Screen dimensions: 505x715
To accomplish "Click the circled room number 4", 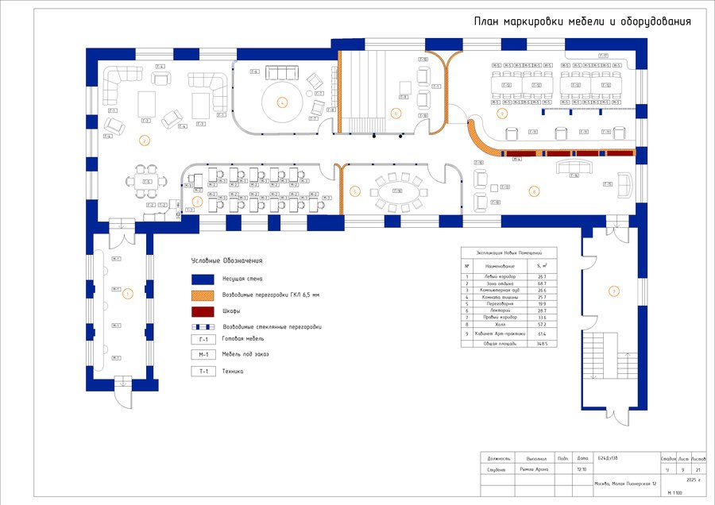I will click(281, 102).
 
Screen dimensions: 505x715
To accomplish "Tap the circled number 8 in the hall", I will click(534, 191).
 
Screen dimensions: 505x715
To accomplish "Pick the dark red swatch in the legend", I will click(203, 311).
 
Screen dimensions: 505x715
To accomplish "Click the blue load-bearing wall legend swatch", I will click(203, 279).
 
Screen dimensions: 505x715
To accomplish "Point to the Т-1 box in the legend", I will click(203, 371).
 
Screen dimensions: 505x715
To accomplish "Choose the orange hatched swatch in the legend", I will click(203, 295).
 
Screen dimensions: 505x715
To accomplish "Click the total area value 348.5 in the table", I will click(542, 344).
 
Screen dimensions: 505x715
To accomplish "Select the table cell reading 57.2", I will click(542, 326).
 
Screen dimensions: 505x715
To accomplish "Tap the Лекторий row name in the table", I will click(500, 310).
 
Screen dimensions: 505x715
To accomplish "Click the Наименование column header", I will click(500, 265).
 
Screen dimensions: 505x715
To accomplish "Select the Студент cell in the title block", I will click(498, 469).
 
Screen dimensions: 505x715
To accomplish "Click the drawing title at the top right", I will click(582, 22).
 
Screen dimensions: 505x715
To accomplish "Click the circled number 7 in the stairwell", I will click(613, 291).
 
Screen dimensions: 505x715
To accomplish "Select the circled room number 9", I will click(502, 114).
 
